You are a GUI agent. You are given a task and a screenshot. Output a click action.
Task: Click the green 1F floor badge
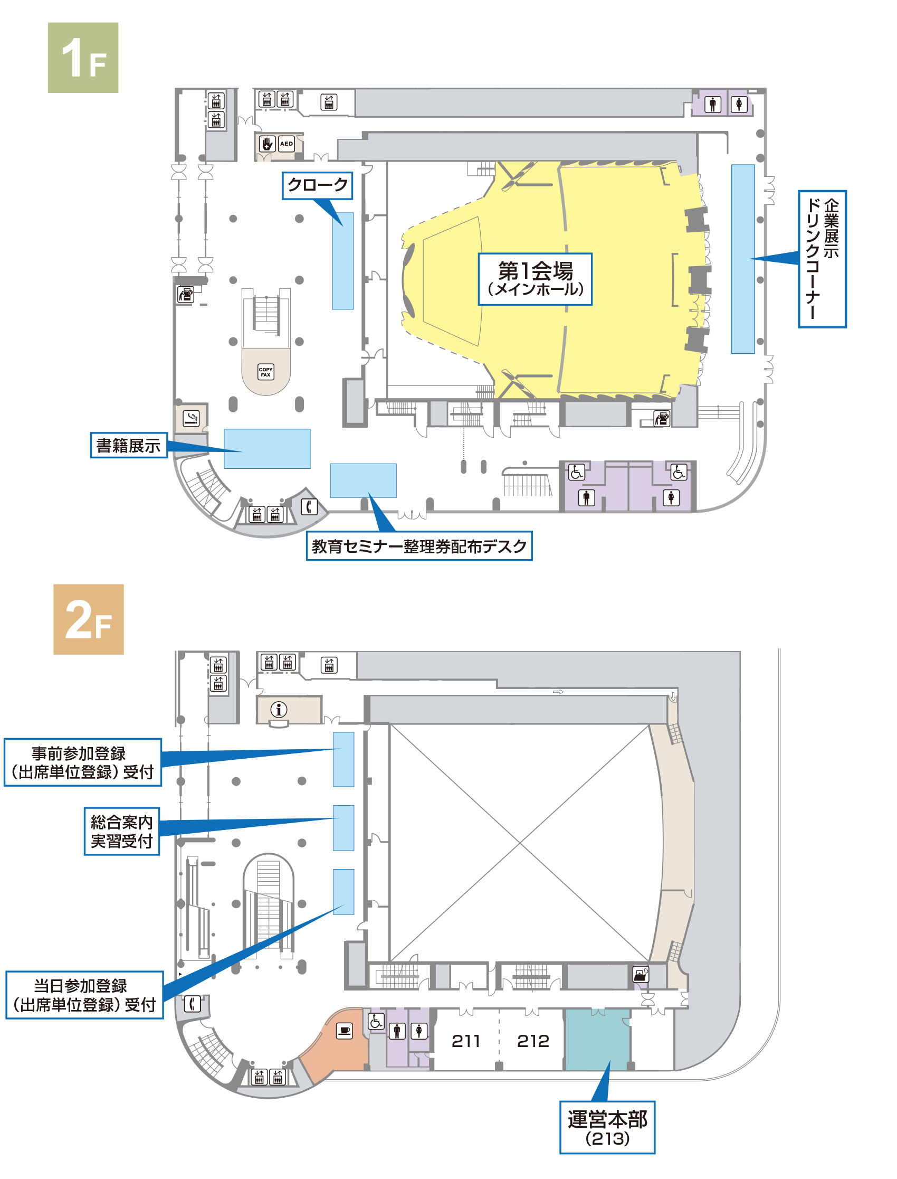pos(83,58)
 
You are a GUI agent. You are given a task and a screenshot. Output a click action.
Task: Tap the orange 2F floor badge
pos(88,619)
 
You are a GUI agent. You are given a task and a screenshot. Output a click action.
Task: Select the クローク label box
pos(317,185)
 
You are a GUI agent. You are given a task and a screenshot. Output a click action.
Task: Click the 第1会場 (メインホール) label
pos(535,279)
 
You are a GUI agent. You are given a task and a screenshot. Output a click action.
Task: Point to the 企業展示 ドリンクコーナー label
pos(822,259)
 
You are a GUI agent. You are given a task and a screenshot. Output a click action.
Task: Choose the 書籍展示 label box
pos(128,445)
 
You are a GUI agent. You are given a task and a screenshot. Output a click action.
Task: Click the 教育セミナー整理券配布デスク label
pos(419,546)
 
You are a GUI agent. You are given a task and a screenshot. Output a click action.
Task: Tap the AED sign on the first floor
pos(287,144)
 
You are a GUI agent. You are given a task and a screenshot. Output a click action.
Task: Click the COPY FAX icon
pos(265,372)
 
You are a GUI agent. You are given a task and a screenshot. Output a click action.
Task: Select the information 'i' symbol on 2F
pos(279,710)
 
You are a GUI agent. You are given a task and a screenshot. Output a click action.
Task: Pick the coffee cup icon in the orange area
pos(345,1031)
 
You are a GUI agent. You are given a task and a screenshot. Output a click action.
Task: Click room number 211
pos(465,1041)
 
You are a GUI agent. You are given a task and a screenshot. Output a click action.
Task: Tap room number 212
pos(533,1041)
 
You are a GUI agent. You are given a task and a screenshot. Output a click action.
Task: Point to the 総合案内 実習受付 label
pos(122,831)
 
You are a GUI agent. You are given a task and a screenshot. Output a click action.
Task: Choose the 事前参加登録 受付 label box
pos(83,762)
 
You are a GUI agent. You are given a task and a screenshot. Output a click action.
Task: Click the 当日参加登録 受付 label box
pos(84,995)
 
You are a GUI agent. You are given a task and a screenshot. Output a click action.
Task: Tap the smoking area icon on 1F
pos(190,417)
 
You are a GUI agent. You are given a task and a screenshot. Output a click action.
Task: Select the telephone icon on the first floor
pos(309,506)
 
